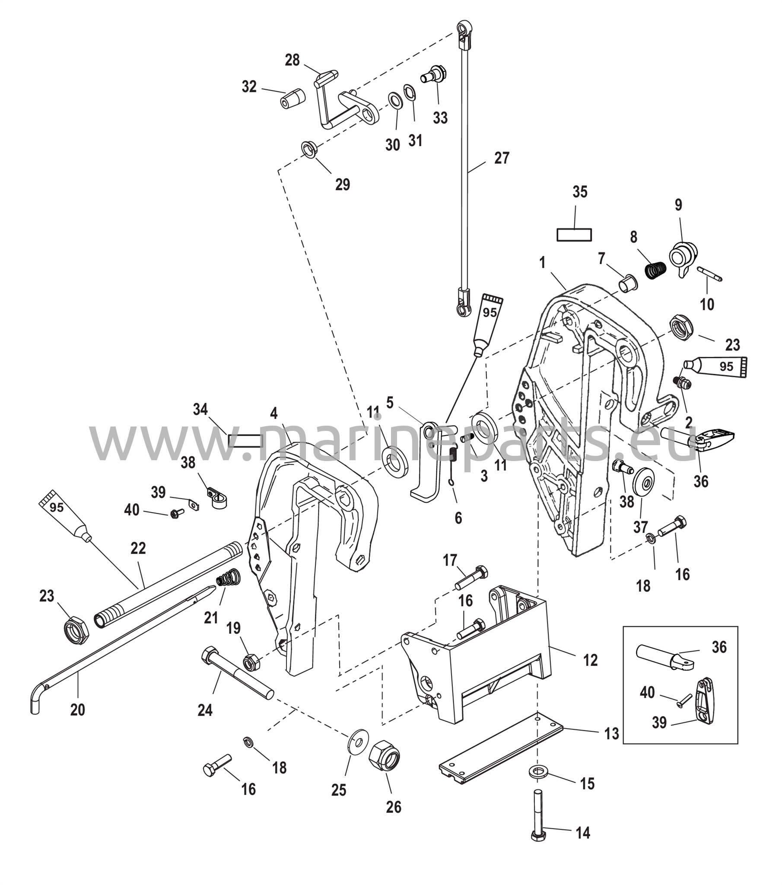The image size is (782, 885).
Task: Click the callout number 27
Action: click(x=502, y=158)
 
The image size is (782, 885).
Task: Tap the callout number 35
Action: click(x=580, y=192)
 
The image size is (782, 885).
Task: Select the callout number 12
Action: click(x=590, y=660)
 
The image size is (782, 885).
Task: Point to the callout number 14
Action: click(x=583, y=833)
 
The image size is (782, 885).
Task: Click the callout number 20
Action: click(x=77, y=710)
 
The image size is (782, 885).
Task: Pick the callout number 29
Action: click(x=343, y=185)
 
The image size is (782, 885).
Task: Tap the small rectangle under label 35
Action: click(x=574, y=235)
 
